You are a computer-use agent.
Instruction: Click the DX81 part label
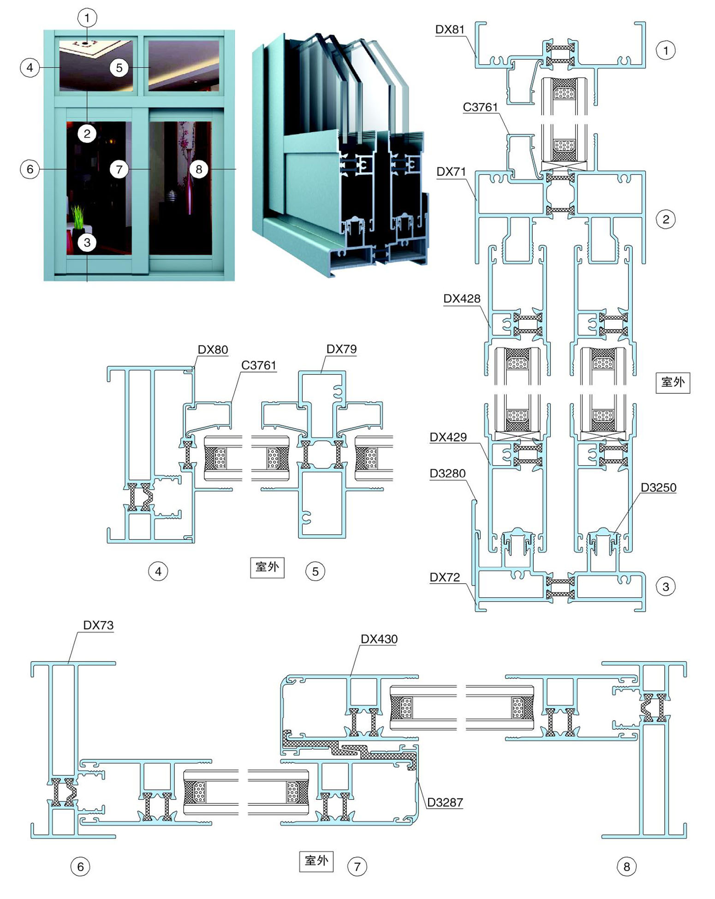pos(450,30)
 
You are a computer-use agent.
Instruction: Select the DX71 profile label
pos(451,172)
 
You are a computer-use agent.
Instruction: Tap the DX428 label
pos(462,299)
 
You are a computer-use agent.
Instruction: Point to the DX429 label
pos(448,437)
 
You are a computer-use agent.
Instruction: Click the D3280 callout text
pos(447,473)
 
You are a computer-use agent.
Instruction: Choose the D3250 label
pos(658,487)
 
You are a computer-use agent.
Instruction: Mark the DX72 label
pos(445,577)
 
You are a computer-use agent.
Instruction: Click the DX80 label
pos(213,349)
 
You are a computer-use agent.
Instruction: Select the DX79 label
pos(341,349)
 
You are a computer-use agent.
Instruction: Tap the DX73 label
pos(98,625)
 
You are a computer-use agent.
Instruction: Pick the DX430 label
pos(379,639)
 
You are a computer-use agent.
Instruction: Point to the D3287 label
pos(445,802)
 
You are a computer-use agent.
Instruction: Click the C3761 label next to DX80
pos(258,366)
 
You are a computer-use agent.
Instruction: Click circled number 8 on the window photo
pos(199,169)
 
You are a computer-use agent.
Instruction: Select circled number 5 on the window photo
pos(119,68)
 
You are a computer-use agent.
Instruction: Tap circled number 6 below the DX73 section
pos(80,867)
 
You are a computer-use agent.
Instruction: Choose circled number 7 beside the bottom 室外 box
pos(357,867)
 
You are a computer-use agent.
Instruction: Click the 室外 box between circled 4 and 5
pos(267,567)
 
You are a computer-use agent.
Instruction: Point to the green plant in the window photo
pos(78,217)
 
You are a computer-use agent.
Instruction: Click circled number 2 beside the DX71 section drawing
pos(665,219)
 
